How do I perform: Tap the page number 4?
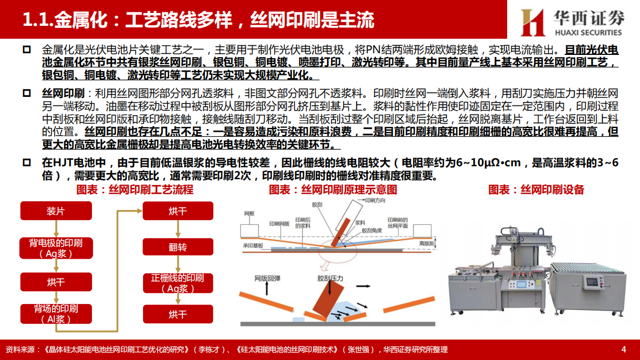tap(623, 349)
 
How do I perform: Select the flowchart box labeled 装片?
tap(56, 211)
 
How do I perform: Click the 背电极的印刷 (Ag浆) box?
tap(56, 248)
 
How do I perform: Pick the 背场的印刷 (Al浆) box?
tap(56, 313)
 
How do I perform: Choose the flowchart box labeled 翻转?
tap(177, 247)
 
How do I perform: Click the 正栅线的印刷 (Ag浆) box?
tap(177, 283)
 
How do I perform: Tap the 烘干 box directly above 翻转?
tap(177, 211)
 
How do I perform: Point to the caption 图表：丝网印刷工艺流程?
tap(135, 190)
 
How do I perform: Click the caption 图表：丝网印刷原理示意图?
tap(333, 190)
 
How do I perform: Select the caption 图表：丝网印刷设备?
tap(536, 190)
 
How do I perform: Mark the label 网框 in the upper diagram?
tap(249, 214)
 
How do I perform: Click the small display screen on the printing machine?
tap(592, 282)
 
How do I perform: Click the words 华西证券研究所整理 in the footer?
tap(415, 350)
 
